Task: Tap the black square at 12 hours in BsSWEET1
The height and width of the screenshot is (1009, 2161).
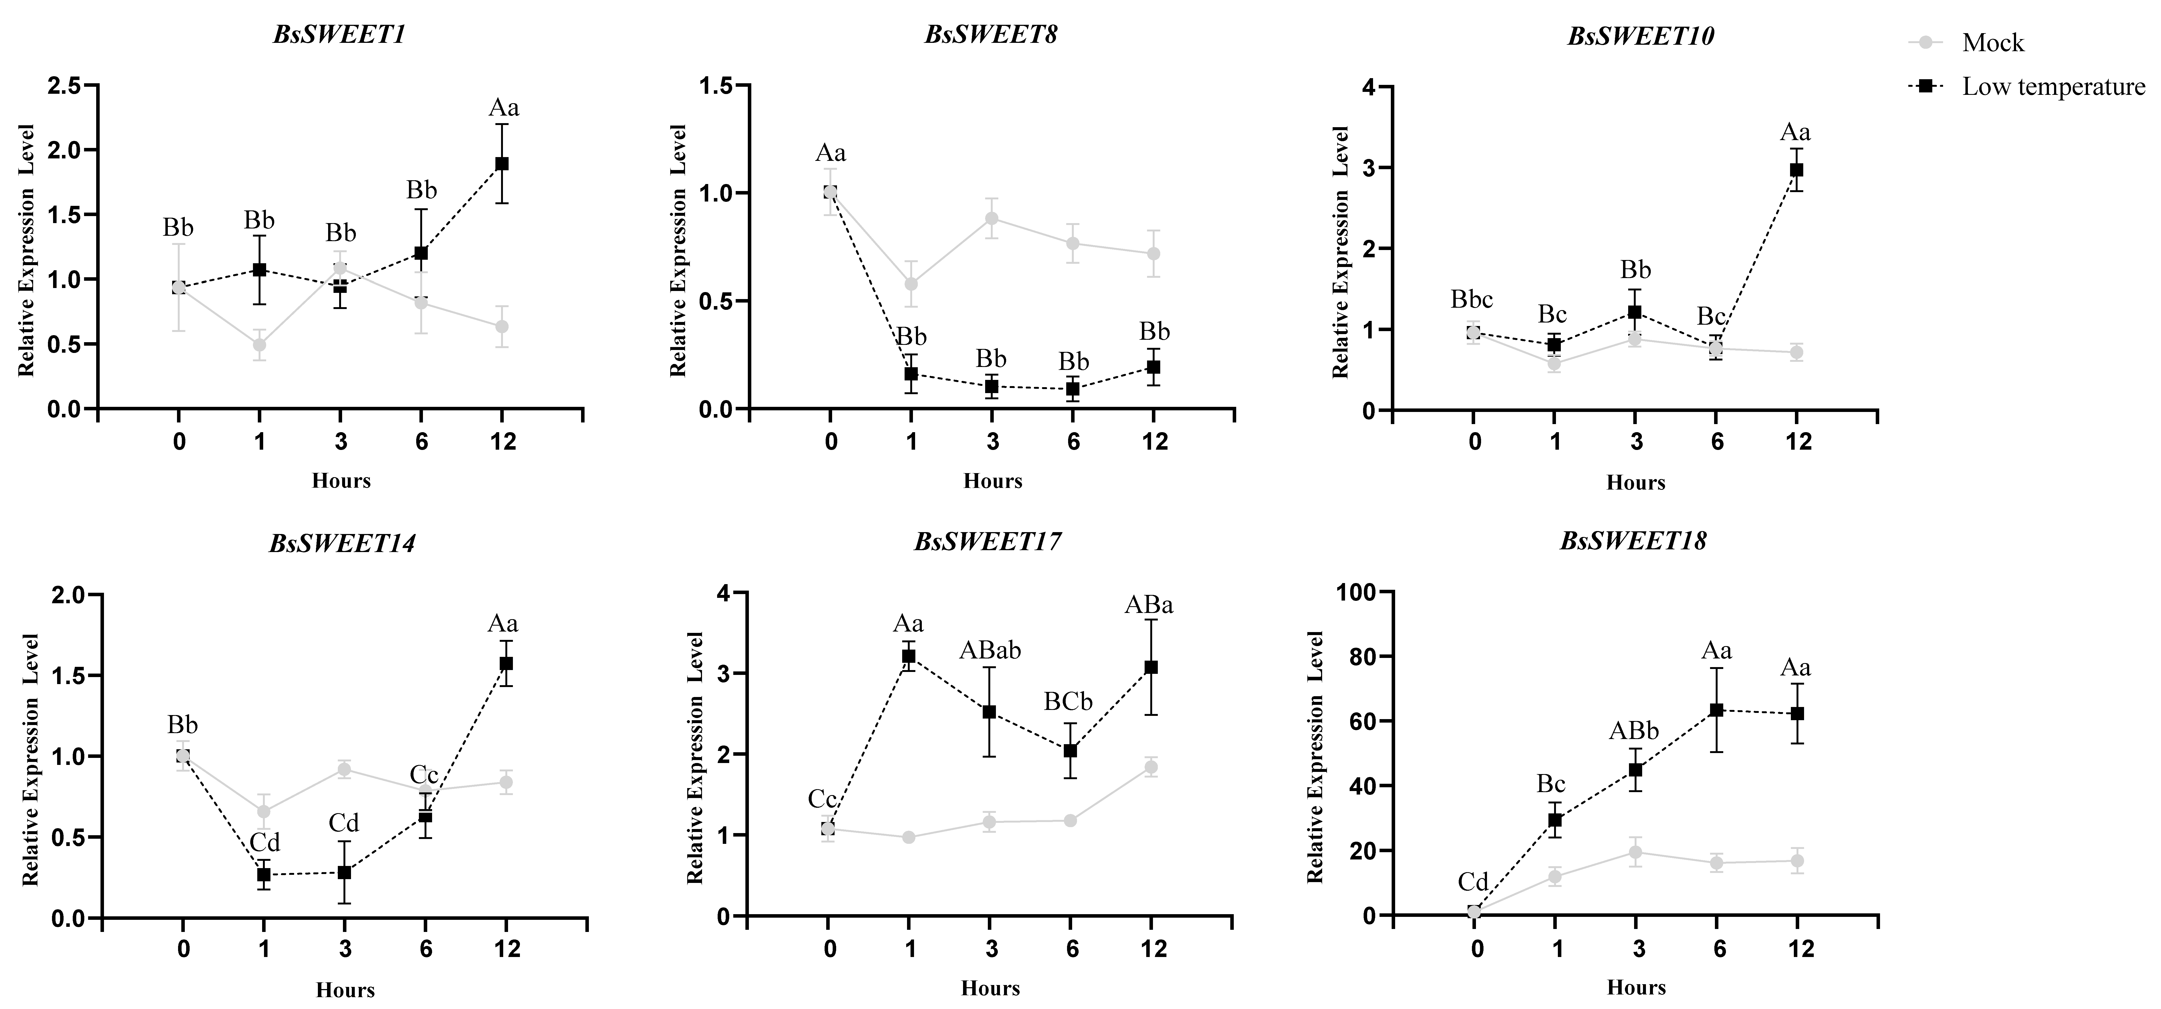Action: pos(502,164)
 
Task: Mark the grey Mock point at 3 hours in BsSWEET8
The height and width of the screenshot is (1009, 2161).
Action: pos(992,218)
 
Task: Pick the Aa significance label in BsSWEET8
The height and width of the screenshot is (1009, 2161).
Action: pos(831,154)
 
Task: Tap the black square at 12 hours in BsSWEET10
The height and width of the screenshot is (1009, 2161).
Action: pos(1796,169)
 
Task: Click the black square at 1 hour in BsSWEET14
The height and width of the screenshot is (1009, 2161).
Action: pos(263,875)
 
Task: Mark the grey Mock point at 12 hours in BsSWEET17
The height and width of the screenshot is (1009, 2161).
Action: pos(1151,767)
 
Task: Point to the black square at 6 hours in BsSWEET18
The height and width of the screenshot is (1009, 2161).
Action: pos(1717,710)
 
